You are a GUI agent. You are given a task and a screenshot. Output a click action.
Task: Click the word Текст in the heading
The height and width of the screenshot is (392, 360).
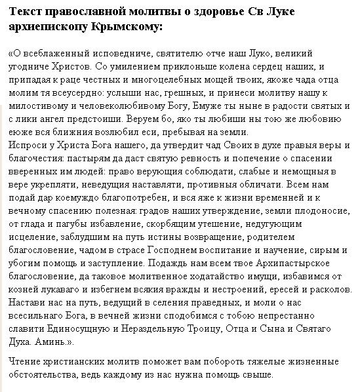click(x=28, y=12)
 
